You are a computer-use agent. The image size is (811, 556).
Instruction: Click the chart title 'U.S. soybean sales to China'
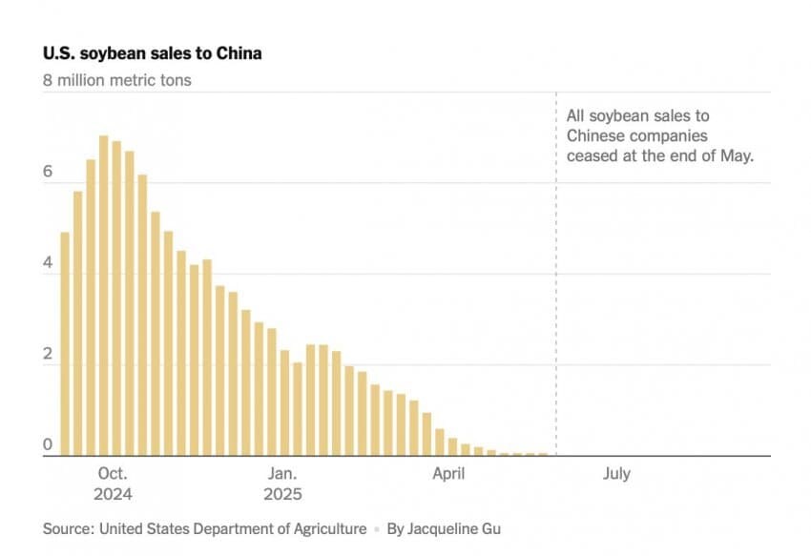(x=152, y=53)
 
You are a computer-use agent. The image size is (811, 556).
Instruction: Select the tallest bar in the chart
(x=104, y=296)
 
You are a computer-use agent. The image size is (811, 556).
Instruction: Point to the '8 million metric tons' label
(x=116, y=80)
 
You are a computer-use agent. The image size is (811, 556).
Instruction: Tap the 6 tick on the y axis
(x=47, y=173)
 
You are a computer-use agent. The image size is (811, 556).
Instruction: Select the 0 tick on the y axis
(x=47, y=444)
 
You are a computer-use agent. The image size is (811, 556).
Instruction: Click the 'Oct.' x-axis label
(x=113, y=474)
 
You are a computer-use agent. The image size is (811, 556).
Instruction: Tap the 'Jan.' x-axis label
(x=283, y=474)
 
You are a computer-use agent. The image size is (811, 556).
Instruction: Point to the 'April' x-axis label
(x=448, y=474)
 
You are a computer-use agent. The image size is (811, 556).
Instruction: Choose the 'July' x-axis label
(x=616, y=474)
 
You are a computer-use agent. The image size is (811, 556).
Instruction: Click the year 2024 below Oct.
(x=113, y=494)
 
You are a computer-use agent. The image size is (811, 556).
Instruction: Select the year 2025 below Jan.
(x=283, y=494)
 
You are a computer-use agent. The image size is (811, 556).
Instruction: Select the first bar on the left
(x=65, y=343)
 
